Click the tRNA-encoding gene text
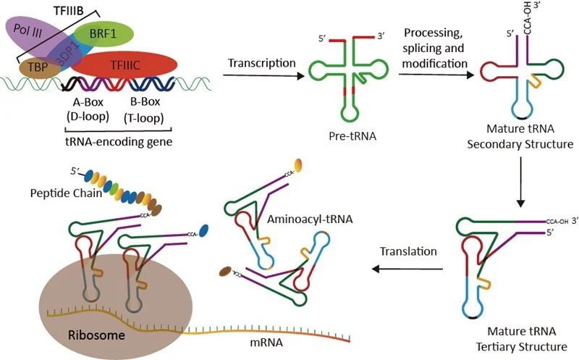tap(115, 139)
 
